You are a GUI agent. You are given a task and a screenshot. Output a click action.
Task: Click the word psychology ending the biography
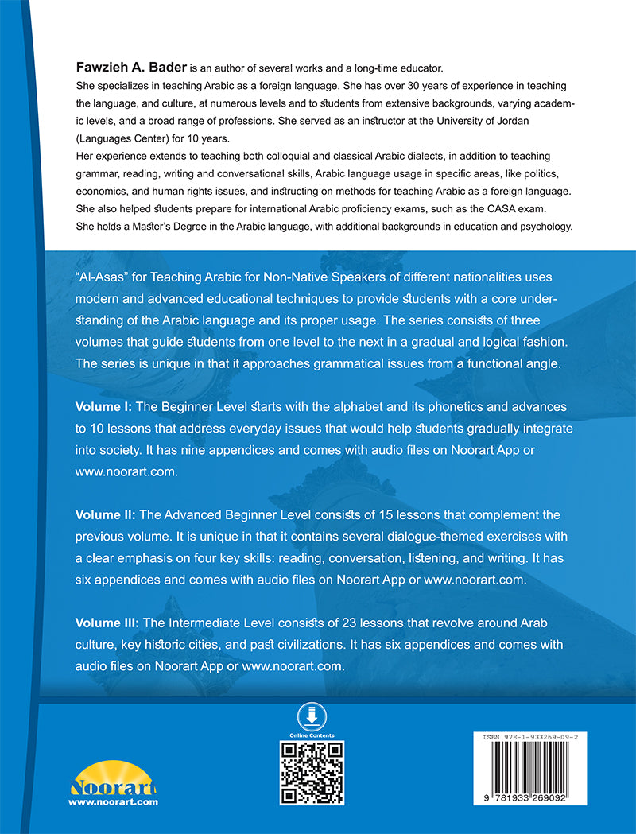[x=544, y=227]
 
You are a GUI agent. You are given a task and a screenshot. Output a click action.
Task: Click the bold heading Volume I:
[x=105, y=406]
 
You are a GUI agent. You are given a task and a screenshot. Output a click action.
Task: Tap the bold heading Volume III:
[x=109, y=624]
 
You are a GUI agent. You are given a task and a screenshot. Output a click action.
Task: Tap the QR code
[x=312, y=772]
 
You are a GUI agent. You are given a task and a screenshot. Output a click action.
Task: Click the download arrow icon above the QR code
[x=312, y=715]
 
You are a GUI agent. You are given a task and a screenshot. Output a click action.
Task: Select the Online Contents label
[x=312, y=735]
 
